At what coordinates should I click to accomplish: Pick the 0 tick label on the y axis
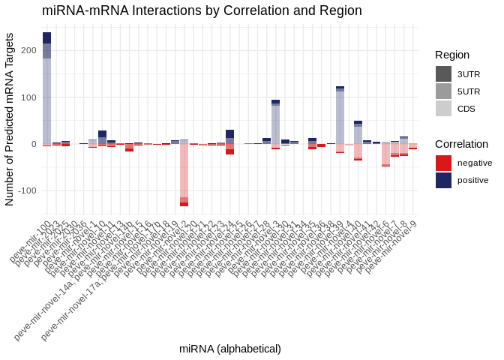point(33,144)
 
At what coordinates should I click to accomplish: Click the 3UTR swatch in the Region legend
point(443,74)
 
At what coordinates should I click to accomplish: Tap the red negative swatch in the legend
point(443,163)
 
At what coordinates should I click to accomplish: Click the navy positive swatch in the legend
point(443,180)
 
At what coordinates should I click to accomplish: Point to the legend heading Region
point(452,55)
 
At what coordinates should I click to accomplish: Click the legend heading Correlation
point(461,143)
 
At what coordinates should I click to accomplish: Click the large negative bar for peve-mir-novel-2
point(184,172)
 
